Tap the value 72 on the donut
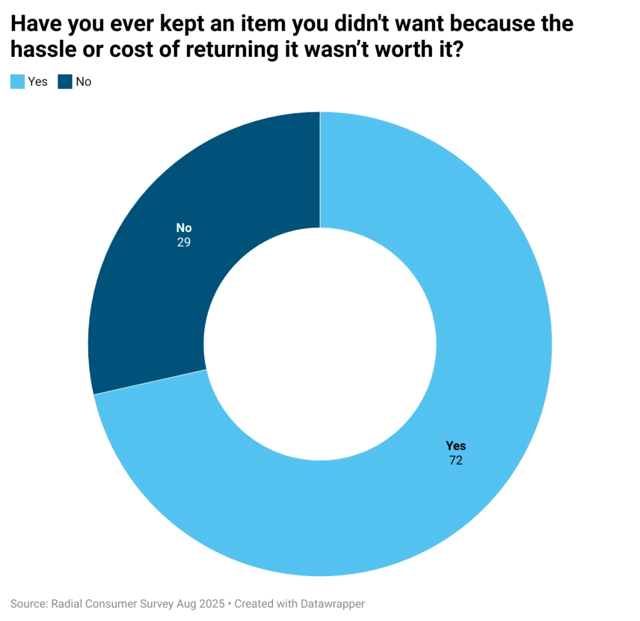point(456,462)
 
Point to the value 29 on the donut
point(183,242)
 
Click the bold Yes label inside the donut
point(456,446)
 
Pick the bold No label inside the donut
point(183,228)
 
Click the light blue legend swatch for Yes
point(17,81)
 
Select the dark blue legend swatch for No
point(65,81)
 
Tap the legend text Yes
point(37,81)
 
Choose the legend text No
point(83,81)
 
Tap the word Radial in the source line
point(64,604)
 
